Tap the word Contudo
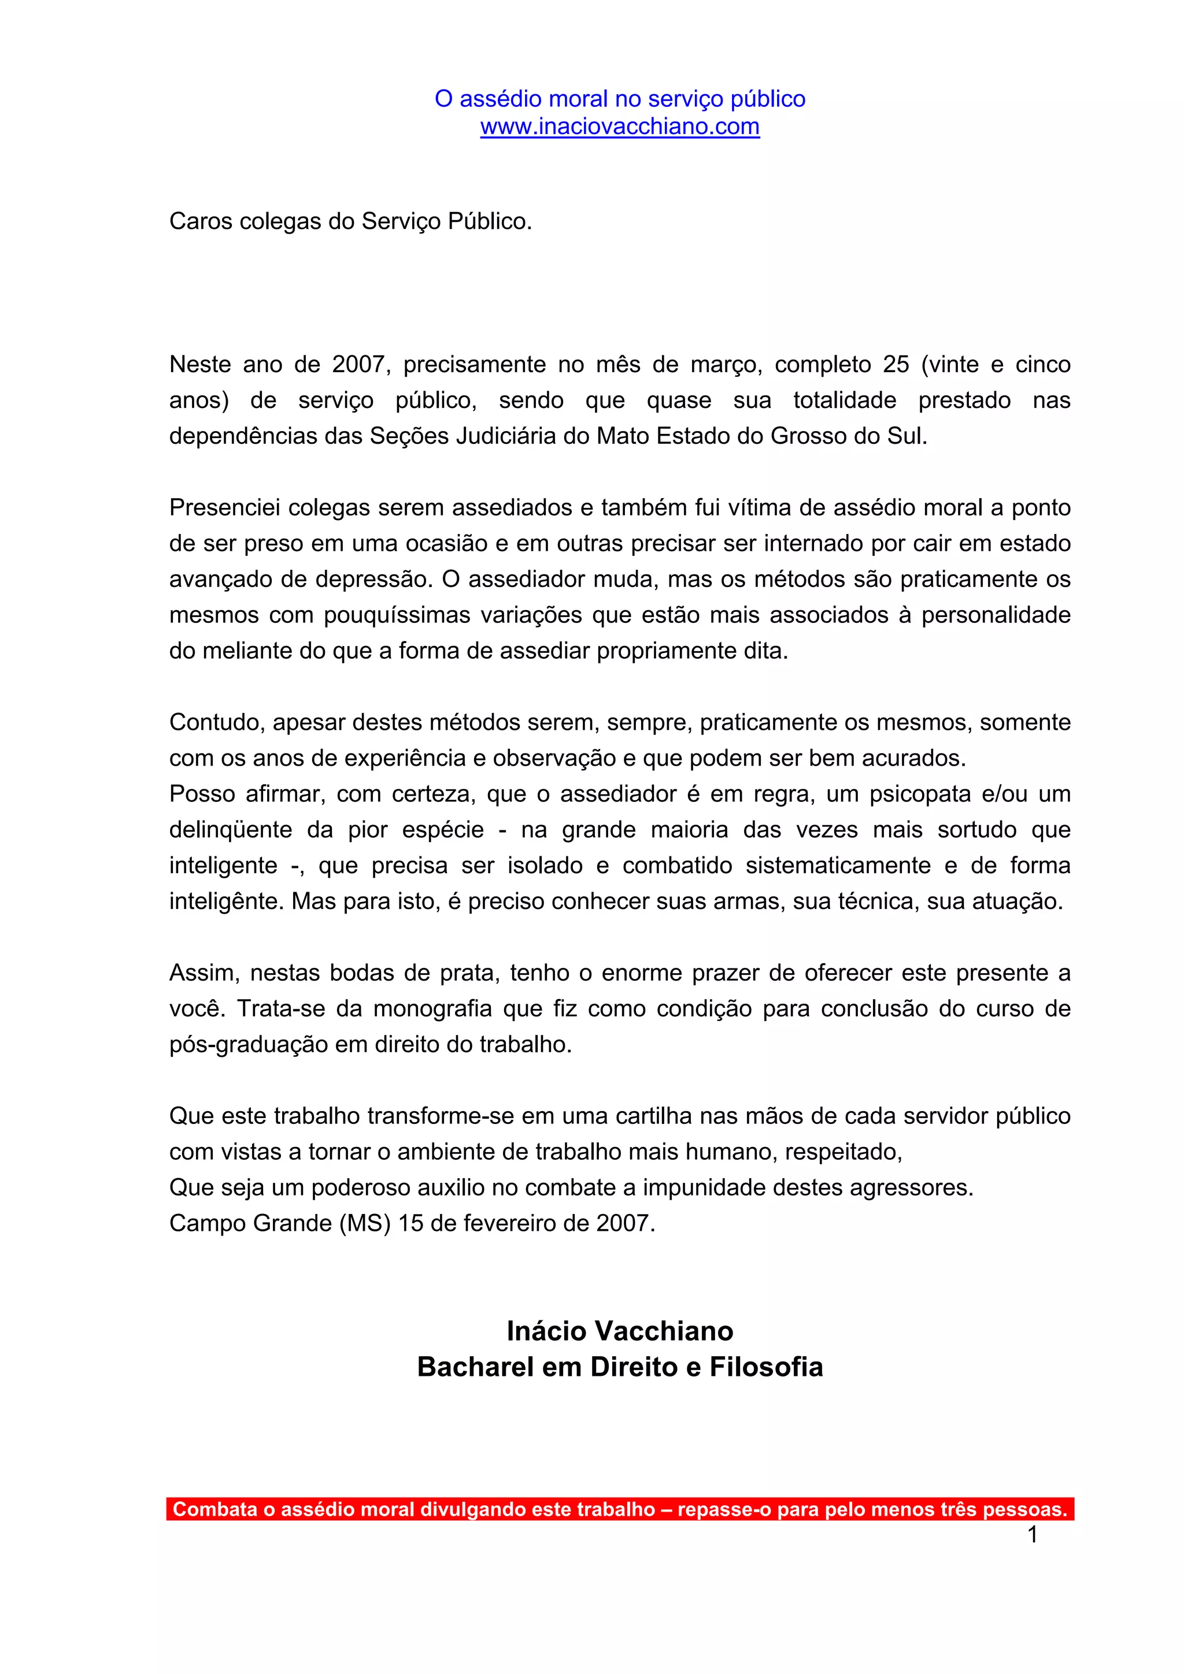(x=216, y=722)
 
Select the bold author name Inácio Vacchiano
(x=619, y=1331)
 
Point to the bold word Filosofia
(x=766, y=1367)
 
